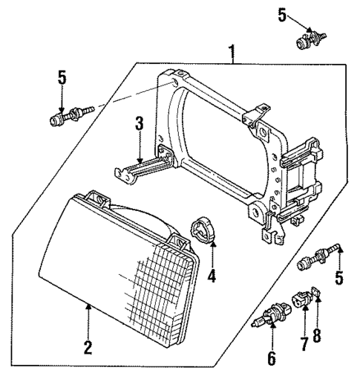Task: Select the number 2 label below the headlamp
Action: pyautogui.click(x=88, y=347)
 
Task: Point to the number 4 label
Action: pyautogui.click(x=212, y=276)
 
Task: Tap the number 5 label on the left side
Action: pyautogui.click(x=62, y=77)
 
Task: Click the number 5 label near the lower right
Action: pyautogui.click(x=340, y=279)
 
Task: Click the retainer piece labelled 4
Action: pyautogui.click(x=203, y=230)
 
